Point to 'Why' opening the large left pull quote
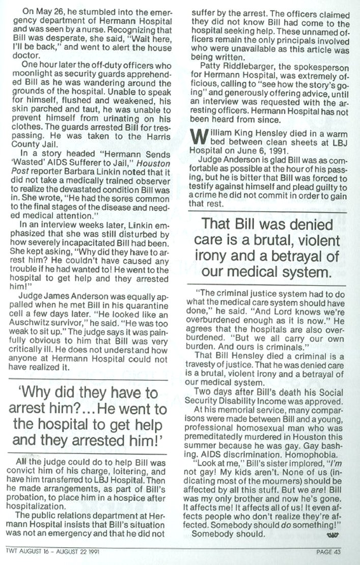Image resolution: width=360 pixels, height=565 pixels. coord(35,393)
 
